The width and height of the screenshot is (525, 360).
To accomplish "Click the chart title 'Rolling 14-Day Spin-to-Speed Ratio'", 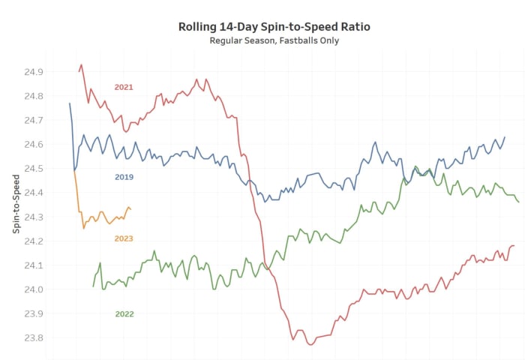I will (274, 27).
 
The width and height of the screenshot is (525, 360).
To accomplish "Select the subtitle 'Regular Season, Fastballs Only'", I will (274, 40).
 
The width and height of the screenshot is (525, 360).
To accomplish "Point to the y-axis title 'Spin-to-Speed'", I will (16, 203).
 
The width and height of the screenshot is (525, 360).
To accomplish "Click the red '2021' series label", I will (124, 87).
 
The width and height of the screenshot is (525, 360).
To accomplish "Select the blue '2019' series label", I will (124, 177).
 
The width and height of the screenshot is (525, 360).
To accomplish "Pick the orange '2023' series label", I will (124, 238).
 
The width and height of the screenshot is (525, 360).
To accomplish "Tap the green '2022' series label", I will (124, 313).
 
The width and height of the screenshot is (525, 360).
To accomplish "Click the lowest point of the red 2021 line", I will (310, 344).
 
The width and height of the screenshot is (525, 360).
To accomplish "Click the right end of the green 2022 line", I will (518, 202).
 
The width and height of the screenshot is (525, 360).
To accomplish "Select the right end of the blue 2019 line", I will (505, 137).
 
